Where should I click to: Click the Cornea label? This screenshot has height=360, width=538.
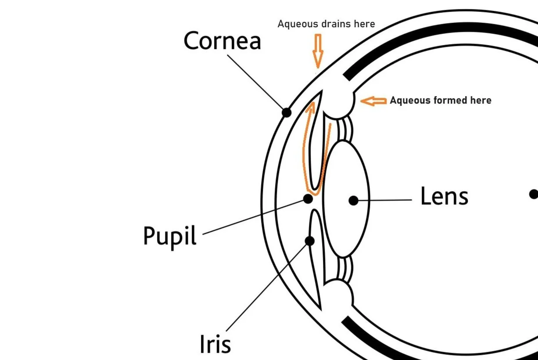click(x=222, y=41)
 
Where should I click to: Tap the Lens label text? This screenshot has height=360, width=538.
click(x=444, y=196)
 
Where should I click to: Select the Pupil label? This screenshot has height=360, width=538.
click(x=169, y=236)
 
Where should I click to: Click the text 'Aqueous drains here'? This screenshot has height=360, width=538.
click(x=326, y=24)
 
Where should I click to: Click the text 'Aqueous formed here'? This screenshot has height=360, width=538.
click(x=441, y=101)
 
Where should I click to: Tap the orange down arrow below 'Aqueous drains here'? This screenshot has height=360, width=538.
click(x=318, y=51)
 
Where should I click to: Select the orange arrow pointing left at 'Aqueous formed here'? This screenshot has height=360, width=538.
click(x=373, y=101)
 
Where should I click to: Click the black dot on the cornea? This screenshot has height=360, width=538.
click(x=286, y=112)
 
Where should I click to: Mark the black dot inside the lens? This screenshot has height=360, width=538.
click(x=353, y=201)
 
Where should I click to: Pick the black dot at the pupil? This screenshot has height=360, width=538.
click(x=308, y=199)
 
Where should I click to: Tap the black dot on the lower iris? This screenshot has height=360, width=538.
click(x=309, y=241)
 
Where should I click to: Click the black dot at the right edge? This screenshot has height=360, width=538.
click(x=534, y=194)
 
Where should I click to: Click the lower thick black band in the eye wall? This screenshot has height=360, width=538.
click(x=439, y=347)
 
